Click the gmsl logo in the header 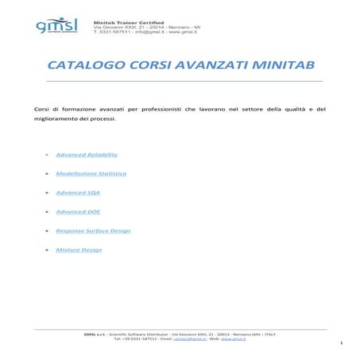click(x=57, y=25)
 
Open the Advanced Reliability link click(x=87, y=154)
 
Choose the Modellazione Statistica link click(x=91, y=173)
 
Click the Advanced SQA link click(x=78, y=192)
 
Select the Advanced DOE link click(x=78, y=211)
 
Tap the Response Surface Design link click(x=93, y=230)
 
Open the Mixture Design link click(x=79, y=250)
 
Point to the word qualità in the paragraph click(x=288, y=107)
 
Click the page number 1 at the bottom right click(x=340, y=343)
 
